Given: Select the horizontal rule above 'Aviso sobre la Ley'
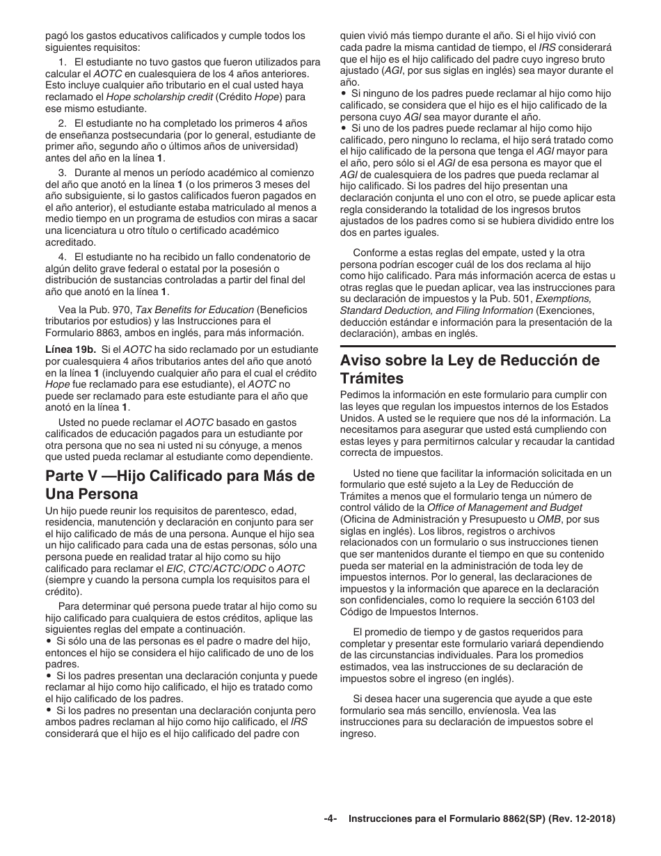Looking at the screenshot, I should coord(477,346).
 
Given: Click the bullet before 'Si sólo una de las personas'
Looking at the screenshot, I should coord(49,641).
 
